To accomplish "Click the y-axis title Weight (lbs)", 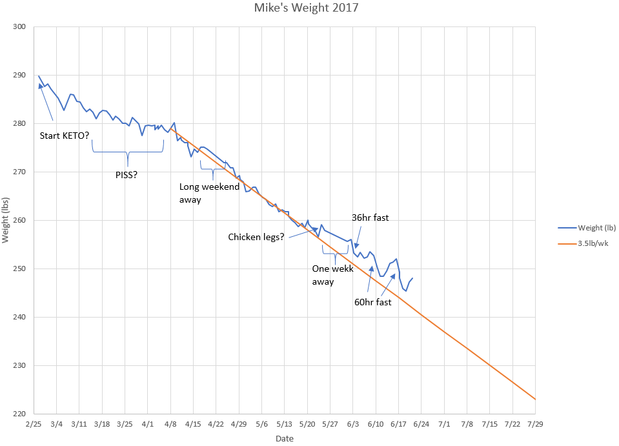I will (6, 220).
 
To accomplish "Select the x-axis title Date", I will (284, 439).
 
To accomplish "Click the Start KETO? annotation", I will (65, 136).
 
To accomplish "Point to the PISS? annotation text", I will (126, 174).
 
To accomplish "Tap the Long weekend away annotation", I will (200, 193).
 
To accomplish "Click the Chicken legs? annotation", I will (256, 237).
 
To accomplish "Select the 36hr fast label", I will (370, 218).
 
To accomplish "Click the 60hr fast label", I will (372, 301).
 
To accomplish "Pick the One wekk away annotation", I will (332, 275).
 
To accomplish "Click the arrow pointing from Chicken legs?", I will (303, 232).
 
